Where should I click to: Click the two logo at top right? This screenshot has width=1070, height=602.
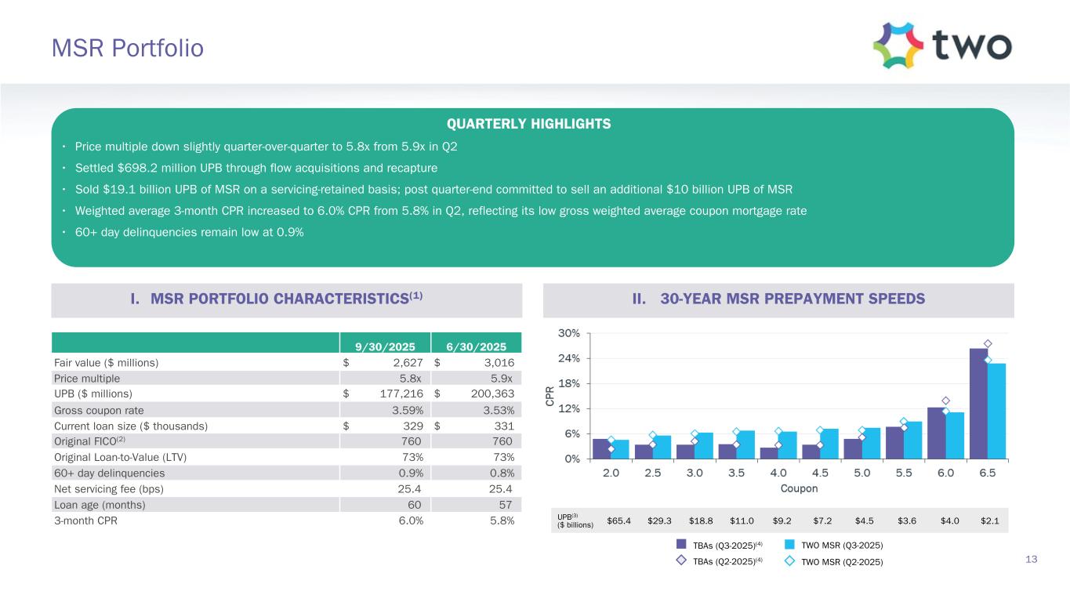(942, 46)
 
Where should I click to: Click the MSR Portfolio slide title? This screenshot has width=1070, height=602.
(127, 49)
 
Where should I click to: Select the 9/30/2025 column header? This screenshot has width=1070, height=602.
(386, 346)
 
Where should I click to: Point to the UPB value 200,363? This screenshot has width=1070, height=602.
(488, 393)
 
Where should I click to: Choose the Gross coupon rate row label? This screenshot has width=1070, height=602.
(99, 410)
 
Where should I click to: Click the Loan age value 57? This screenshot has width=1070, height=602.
(506, 505)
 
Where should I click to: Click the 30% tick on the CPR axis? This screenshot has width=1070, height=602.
(569, 333)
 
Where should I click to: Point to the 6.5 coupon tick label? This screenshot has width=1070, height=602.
(987, 473)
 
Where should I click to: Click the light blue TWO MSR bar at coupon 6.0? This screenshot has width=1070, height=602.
(955, 435)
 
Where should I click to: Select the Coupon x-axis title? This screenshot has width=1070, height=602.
(799, 489)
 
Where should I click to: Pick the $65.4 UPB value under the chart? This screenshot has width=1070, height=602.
(619, 520)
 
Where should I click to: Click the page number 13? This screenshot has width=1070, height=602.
(1031, 559)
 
